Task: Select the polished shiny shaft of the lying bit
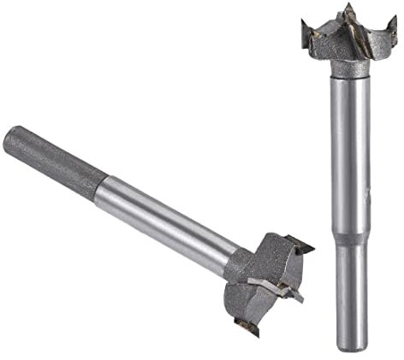(163, 210)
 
